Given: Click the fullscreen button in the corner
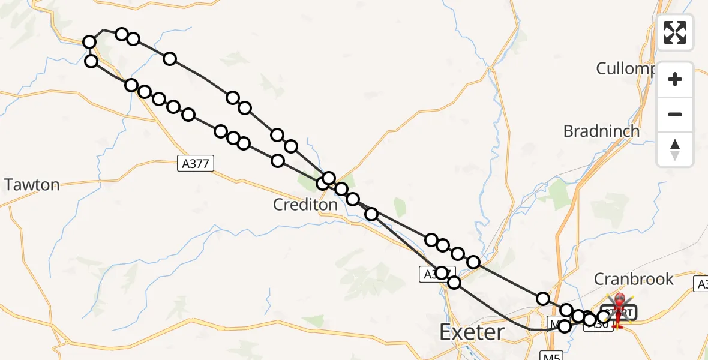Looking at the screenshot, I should (x=675, y=32).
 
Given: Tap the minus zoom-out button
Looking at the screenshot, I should (x=675, y=114).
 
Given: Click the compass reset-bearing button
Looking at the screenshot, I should (x=675, y=149).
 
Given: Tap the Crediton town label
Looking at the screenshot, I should (x=305, y=205).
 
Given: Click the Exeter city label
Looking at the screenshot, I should (x=471, y=331).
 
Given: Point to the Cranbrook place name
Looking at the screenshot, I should (x=634, y=279).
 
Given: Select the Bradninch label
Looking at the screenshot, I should (x=601, y=131).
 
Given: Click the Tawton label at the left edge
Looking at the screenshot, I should (x=32, y=185).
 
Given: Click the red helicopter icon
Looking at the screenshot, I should (x=618, y=307).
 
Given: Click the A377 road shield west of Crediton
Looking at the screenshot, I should (x=196, y=163).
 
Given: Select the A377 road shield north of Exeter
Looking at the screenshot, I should (x=432, y=274).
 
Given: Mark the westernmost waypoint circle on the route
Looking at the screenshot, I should (x=89, y=42).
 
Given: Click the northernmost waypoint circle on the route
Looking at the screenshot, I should (x=122, y=34).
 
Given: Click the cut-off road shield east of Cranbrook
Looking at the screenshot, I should (x=702, y=284).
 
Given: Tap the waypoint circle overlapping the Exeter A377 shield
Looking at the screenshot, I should (x=442, y=273).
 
